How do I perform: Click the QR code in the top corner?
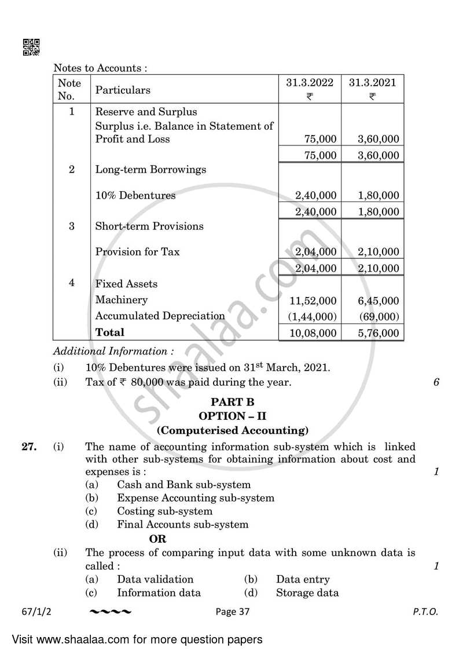tap(31, 47)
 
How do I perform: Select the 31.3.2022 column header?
tap(310, 83)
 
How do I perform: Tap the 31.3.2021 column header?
tap(372, 83)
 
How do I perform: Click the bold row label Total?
tap(109, 332)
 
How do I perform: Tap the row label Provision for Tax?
tap(137, 252)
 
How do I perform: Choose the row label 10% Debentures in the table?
tap(135, 196)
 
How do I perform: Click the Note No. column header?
tap(69, 89)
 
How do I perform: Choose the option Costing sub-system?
tap(164, 511)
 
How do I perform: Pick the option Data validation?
tap(155, 579)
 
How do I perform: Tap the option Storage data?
tap(307, 592)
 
